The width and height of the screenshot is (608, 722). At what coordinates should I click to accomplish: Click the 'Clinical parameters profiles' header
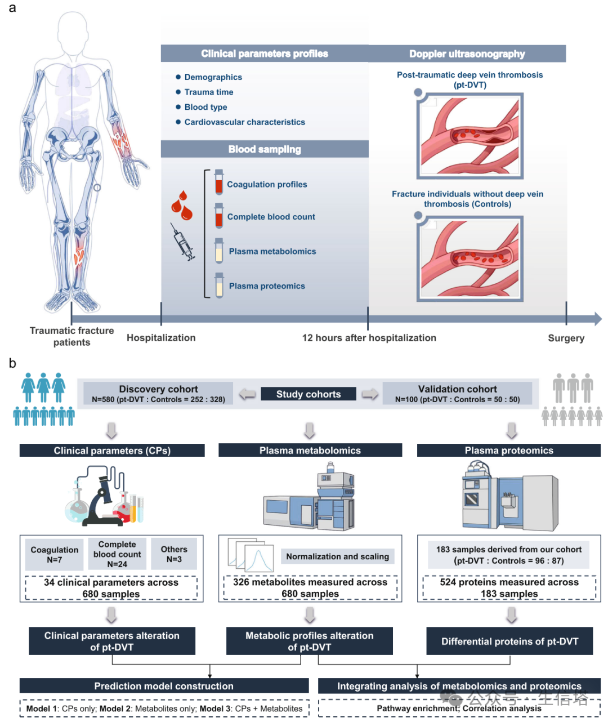pos(265,54)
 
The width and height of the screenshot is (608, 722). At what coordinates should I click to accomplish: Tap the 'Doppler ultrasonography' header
pos(467,54)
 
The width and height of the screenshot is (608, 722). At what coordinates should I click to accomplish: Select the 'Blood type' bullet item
pos(205,107)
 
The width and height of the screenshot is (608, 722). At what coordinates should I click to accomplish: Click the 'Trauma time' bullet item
pos(208,92)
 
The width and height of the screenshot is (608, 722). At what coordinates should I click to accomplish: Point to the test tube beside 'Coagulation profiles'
pos(219,182)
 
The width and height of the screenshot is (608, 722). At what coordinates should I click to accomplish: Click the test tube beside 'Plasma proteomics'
pos(219,285)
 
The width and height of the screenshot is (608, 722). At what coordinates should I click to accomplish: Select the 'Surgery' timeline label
pos(566,338)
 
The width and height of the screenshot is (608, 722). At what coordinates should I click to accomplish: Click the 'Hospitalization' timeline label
pos(161,337)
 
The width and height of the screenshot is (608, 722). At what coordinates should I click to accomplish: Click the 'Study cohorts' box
pos(309,394)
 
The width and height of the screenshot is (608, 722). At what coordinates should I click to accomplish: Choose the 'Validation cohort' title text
pos(457,389)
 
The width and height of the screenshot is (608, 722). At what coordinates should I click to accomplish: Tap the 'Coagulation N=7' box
pos(55,554)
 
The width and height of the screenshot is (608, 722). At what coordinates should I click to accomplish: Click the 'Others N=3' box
pos(174,554)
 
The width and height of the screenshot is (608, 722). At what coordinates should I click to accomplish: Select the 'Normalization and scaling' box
pos(337,556)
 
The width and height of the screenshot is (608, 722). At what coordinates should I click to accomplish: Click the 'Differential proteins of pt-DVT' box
pos(509,641)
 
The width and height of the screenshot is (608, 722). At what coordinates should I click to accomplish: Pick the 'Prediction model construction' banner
pos(164,686)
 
